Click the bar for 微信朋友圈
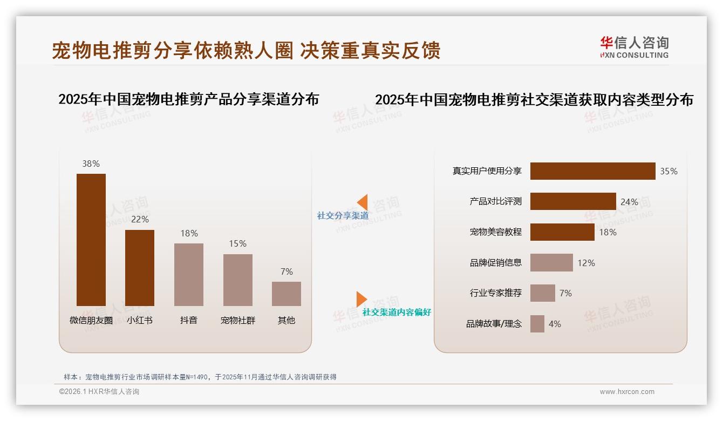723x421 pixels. [x=91, y=240]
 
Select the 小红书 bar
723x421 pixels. [x=140, y=268]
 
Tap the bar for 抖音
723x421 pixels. [x=189, y=274]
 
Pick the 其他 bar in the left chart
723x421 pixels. [x=287, y=294]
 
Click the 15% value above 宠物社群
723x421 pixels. [x=237, y=243]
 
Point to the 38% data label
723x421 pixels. [x=91, y=164]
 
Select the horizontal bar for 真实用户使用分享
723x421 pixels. [x=592, y=171]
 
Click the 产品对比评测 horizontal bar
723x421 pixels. [x=573, y=201]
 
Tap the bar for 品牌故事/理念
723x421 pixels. [x=537, y=324]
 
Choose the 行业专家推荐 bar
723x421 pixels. [x=543, y=293]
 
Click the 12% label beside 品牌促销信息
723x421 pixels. [x=586, y=263]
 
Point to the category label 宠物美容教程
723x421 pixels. [x=496, y=232]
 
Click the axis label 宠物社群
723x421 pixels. [x=238, y=320]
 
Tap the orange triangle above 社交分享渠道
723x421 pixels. [x=362, y=202]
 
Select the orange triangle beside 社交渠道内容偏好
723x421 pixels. [x=361, y=299]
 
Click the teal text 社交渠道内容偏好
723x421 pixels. [x=397, y=312]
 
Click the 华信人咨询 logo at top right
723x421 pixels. [x=634, y=47]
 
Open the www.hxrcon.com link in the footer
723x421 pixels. [x=627, y=392]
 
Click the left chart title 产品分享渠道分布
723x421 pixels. [x=188, y=99]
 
